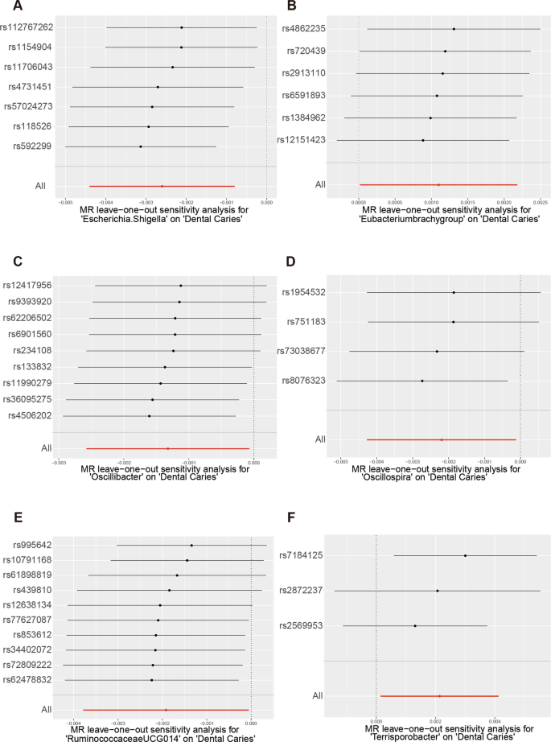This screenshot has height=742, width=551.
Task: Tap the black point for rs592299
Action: point(141,146)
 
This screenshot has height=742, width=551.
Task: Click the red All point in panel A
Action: point(162,186)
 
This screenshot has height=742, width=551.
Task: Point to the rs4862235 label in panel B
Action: point(304,29)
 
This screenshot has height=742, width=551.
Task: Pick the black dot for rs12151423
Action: point(423,140)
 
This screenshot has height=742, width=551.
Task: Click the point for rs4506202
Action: point(149,416)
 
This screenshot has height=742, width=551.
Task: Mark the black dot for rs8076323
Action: point(421,381)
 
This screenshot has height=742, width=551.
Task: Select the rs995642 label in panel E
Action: point(32,545)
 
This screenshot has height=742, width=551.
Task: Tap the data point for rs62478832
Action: point(151,680)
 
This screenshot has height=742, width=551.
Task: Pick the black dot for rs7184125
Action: point(465,555)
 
